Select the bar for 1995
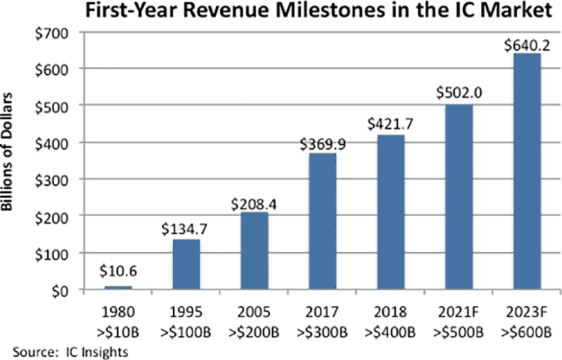coord(185,265)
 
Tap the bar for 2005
coord(255,251)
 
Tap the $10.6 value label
coord(115,274)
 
